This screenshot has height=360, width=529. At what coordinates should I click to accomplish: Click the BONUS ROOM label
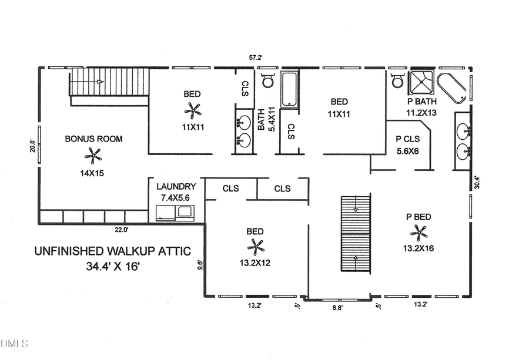click(x=93, y=139)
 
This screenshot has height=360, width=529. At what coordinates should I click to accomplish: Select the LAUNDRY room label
click(x=176, y=186)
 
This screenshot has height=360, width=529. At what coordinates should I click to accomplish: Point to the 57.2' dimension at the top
click(x=255, y=58)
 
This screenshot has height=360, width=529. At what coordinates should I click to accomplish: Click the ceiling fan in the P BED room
click(x=419, y=233)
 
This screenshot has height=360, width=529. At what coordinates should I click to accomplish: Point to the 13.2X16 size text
click(x=418, y=248)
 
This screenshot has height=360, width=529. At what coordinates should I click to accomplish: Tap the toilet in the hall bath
click(x=268, y=80)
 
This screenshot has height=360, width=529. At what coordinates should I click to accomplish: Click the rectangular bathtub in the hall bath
click(x=290, y=89)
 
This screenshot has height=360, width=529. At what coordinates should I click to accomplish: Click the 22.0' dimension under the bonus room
click(x=121, y=230)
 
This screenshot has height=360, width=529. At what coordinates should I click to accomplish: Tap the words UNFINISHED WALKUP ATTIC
click(x=112, y=251)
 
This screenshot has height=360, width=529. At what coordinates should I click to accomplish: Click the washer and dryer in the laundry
click(x=176, y=214)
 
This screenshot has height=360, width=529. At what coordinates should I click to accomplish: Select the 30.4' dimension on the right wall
click(x=477, y=183)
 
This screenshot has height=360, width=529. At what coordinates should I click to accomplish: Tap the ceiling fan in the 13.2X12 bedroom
click(x=256, y=247)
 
